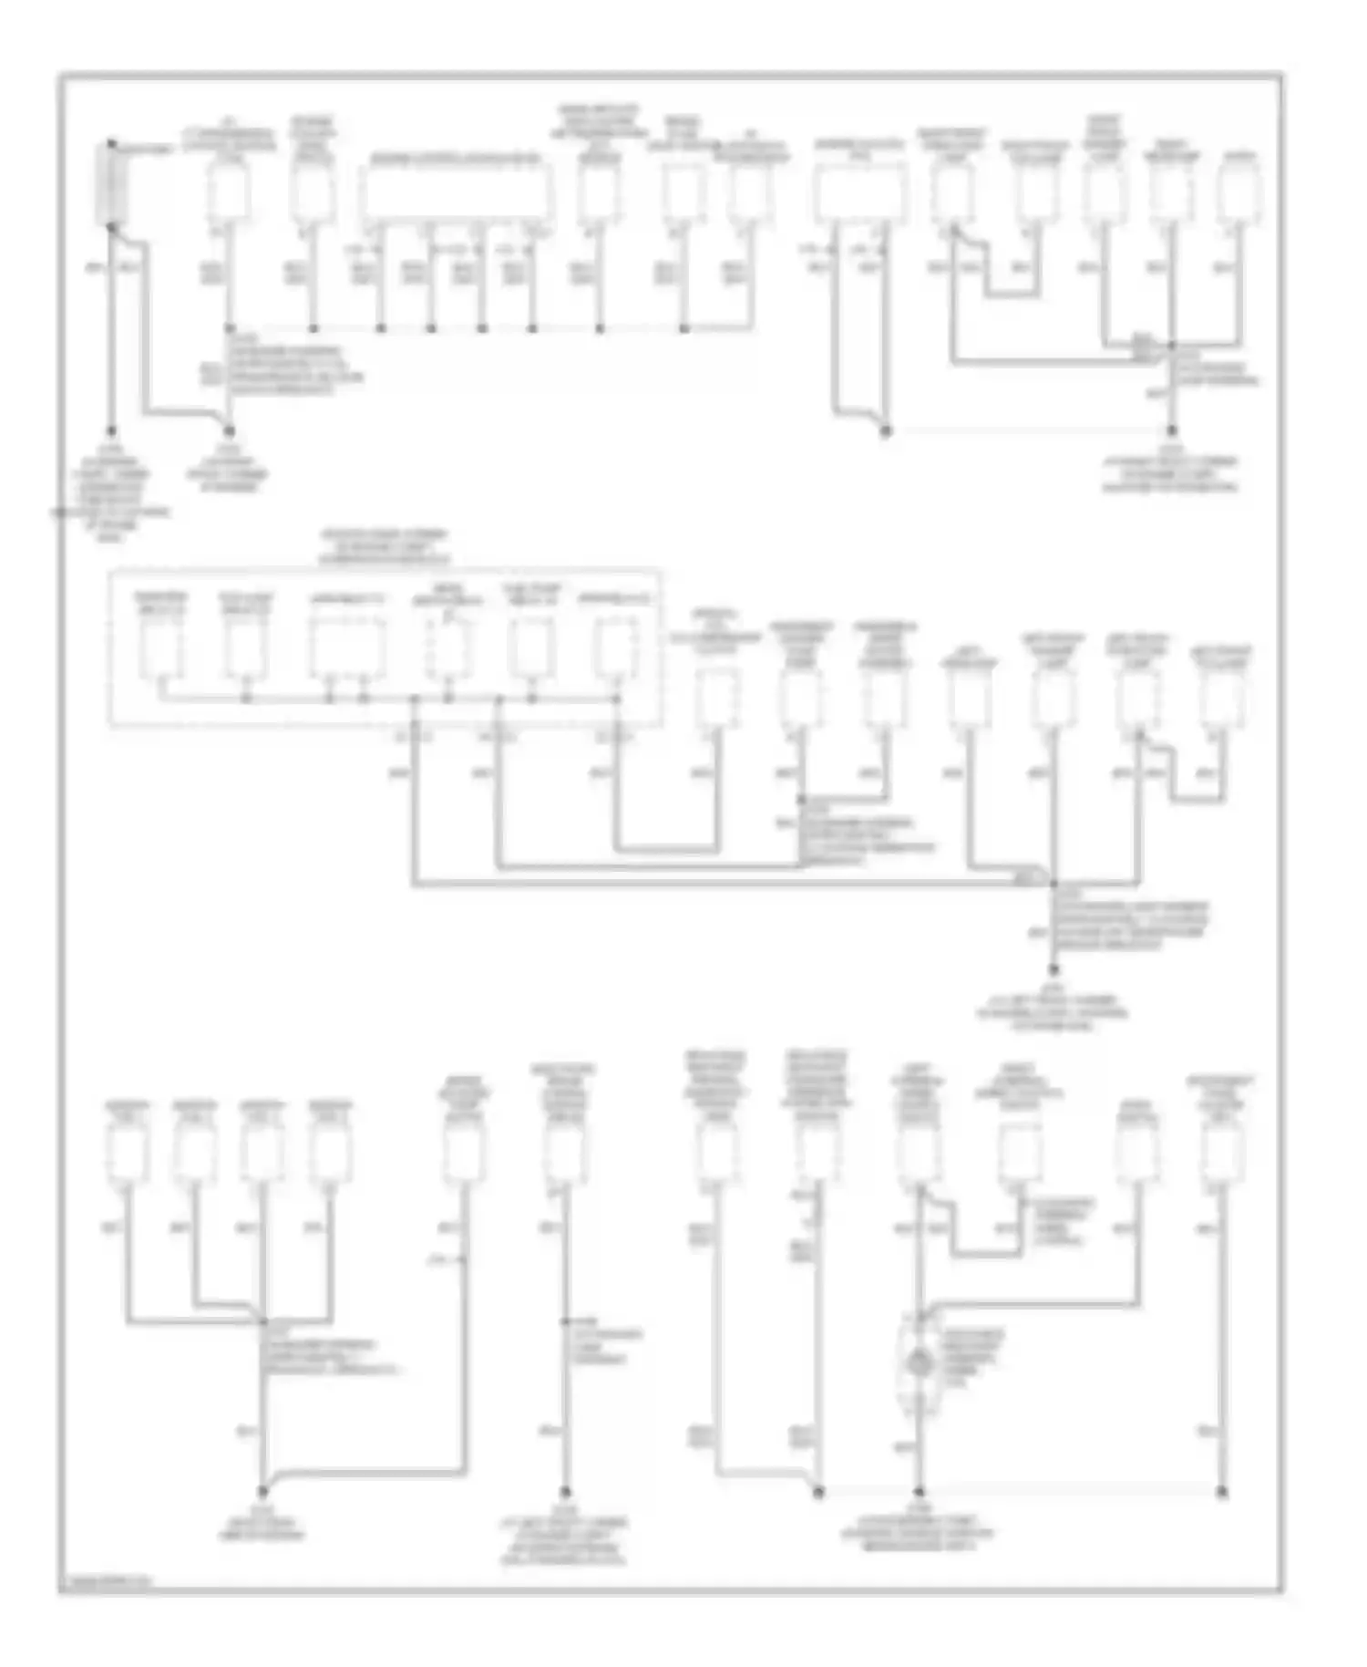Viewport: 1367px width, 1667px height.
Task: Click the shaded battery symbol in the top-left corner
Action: [112, 184]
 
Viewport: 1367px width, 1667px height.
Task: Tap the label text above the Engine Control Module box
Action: [455, 159]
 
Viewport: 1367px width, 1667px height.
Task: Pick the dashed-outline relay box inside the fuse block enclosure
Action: [447, 649]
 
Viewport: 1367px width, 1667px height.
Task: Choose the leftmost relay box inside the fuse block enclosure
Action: [160, 649]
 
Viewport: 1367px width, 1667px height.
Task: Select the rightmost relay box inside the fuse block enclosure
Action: [616, 649]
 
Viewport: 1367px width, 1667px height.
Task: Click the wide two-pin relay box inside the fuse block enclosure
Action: [346, 649]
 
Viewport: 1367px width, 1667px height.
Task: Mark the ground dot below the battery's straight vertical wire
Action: [111, 430]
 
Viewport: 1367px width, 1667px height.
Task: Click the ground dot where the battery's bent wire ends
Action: [230, 430]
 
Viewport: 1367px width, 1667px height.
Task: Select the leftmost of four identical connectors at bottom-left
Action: [127, 1154]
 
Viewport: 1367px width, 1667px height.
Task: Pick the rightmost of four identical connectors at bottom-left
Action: [330, 1154]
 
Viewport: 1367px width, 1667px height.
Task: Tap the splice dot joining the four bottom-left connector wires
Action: [262, 1320]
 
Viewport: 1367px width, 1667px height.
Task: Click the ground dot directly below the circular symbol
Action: [919, 1492]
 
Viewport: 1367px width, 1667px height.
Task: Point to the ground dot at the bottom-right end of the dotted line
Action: [1222, 1492]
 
